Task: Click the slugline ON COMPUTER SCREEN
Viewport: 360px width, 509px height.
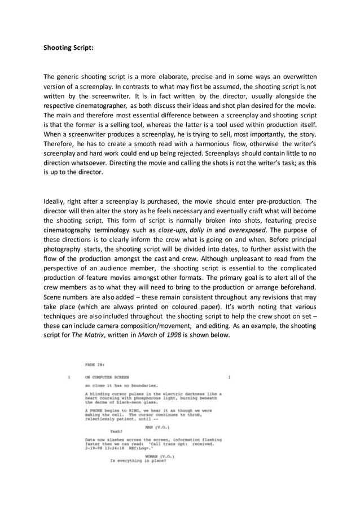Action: (107, 377)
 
